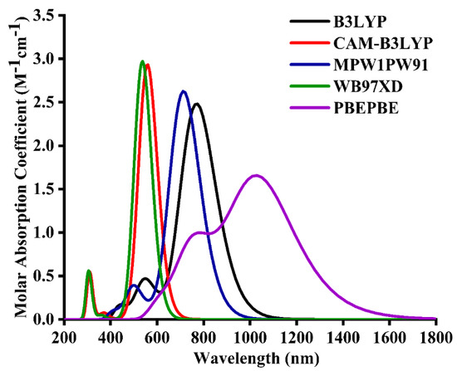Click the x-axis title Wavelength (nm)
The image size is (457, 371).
251,358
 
